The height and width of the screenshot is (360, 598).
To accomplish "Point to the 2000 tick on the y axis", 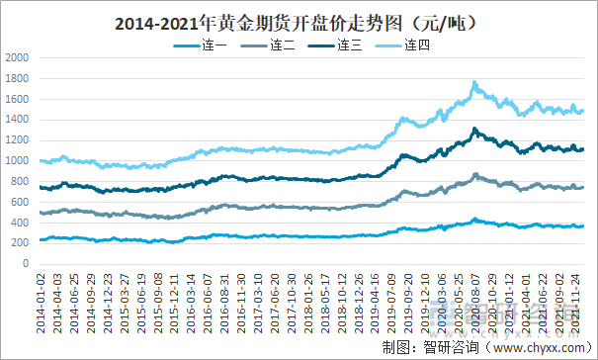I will pyautogui.click(x=17, y=57).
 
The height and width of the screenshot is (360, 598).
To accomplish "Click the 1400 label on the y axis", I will pyautogui.click(x=17, y=120).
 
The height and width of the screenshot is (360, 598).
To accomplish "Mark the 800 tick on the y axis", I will pyautogui.click(x=21, y=182).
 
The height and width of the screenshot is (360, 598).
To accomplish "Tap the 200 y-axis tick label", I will pyautogui.click(x=21, y=244).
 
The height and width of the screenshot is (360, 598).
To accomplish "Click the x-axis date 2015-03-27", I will pyautogui.click(x=125, y=300).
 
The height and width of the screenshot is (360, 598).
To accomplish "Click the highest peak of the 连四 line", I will pyautogui.click(x=474, y=83).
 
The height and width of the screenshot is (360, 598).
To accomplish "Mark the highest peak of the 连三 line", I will pyautogui.click(x=474, y=129).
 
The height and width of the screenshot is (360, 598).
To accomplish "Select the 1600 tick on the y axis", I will pyautogui.click(x=17, y=99).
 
